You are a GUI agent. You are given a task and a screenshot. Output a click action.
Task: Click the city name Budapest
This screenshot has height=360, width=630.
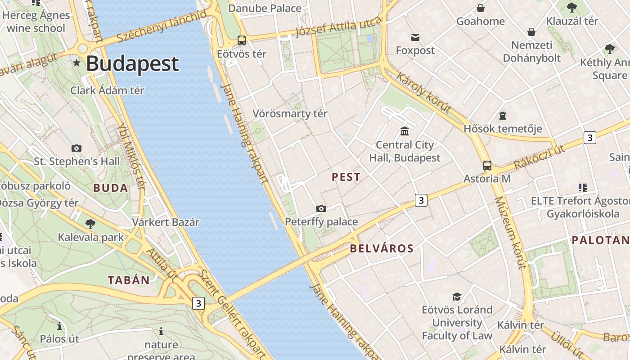coord(132,63)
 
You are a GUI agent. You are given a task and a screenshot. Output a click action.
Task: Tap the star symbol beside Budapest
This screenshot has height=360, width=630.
coord(77,63)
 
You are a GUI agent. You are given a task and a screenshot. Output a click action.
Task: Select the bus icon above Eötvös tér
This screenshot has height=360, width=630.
coord(242,40)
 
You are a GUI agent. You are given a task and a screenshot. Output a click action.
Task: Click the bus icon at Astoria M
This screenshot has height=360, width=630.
coord(487,165)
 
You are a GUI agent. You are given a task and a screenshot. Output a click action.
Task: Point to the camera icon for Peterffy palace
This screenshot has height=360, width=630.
coord(321,208)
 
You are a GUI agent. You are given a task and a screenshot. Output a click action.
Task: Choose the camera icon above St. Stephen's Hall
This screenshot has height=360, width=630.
coord(76,148)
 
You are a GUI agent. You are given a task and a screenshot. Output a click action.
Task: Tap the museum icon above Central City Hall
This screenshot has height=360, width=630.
coord(405,131)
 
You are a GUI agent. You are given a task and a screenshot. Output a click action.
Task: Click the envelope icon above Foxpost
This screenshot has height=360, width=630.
coord(415,37)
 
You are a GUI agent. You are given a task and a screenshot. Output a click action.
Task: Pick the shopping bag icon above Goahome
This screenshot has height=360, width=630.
coord(481,8)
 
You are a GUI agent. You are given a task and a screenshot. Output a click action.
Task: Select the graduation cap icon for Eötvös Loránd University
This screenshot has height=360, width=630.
coord(457,297)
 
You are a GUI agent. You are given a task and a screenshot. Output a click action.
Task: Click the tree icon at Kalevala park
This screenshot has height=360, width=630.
coord(90,224)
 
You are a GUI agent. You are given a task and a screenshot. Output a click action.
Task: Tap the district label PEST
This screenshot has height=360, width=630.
coord(346,177)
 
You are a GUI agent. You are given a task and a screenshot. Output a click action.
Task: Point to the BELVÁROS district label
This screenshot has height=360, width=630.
coord(382,248)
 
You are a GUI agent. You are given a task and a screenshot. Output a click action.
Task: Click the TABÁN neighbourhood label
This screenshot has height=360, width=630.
coord(129,280)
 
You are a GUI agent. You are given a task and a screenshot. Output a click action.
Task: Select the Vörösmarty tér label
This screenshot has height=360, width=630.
coord(290,113)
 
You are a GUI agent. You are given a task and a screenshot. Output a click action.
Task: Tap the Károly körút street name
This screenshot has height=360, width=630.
coord(423,92)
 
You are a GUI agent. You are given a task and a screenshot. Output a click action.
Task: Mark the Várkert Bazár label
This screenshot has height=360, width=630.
coord(166,222)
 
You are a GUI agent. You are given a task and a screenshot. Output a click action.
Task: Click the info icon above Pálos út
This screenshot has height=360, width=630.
coord(59,326)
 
